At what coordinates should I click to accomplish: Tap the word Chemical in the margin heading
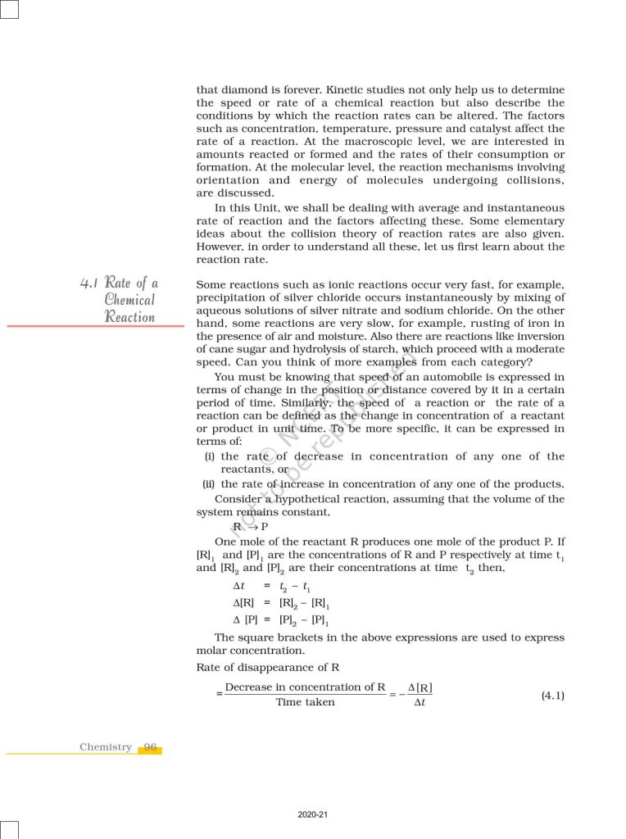point(129,300)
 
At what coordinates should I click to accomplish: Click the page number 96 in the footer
point(150,746)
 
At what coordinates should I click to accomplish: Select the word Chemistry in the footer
point(106,746)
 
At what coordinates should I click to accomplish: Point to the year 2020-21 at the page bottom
point(313,814)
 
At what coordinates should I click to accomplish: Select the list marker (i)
point(210,456)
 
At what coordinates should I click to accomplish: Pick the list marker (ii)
point(209,483)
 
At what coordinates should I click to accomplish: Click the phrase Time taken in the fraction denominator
point(305,702)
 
